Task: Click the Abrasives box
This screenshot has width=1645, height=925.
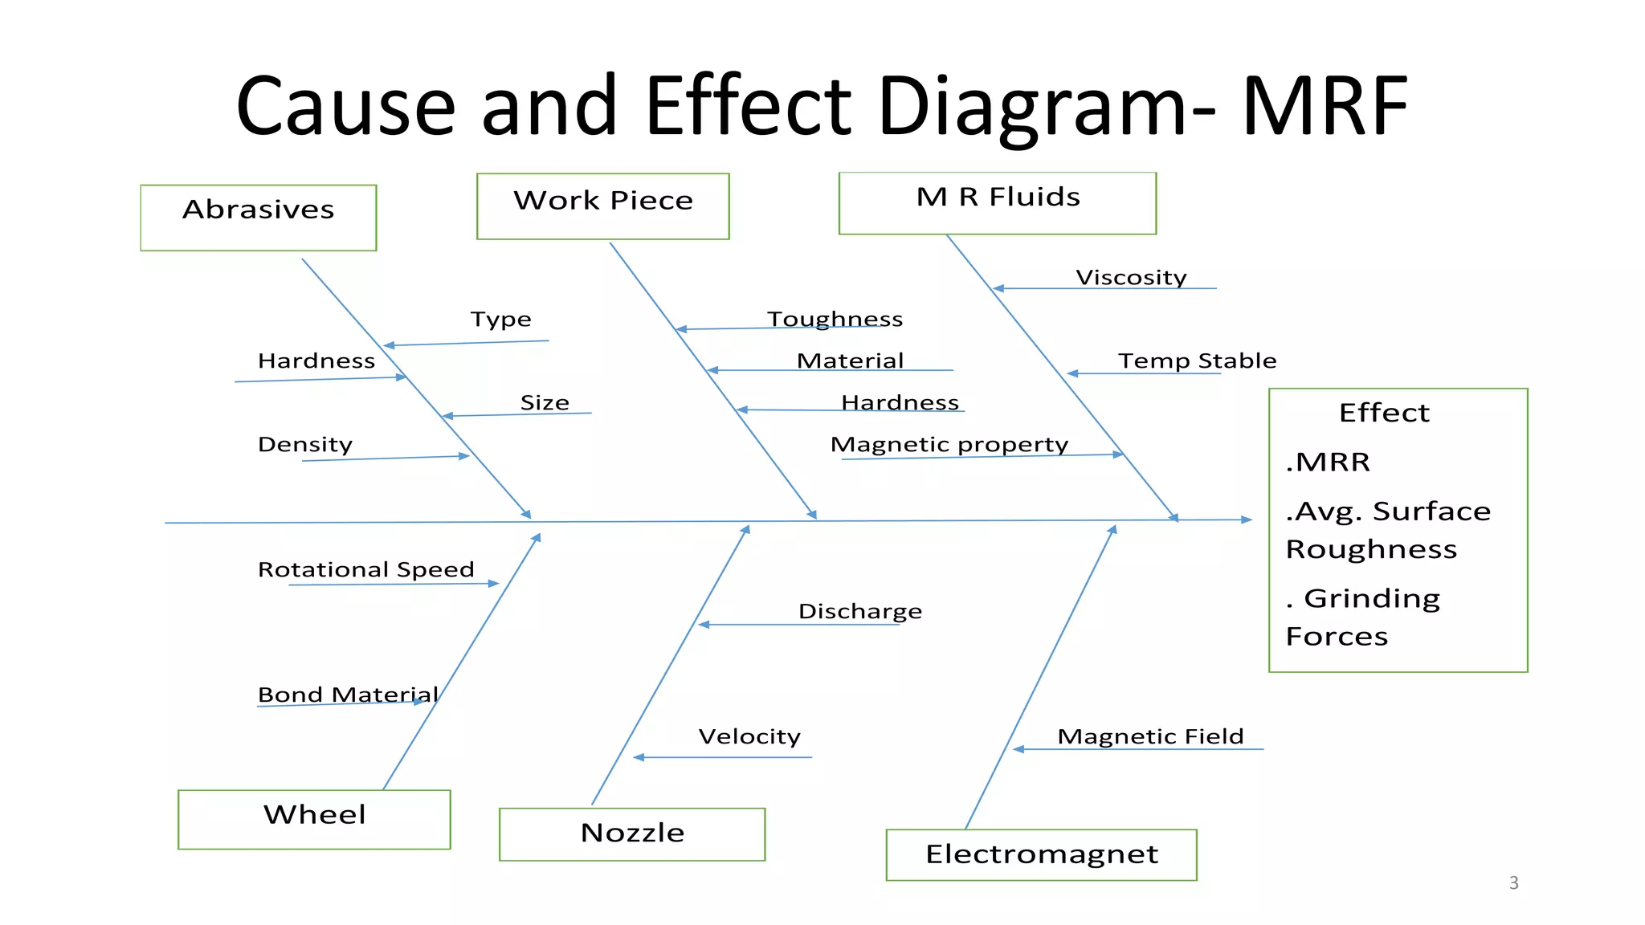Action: tap(258, 218)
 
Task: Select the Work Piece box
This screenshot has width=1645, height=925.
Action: tap(602, 206)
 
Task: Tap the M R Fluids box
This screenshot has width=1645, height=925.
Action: tap(997, 203)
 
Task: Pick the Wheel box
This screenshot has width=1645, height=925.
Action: tap(314, 819)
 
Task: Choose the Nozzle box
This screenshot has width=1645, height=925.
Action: tap(632, 834)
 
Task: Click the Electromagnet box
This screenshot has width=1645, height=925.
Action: tap(1041, 854)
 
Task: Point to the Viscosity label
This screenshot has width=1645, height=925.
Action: tap(1131, 278)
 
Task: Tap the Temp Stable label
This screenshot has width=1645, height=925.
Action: tap(1197, 361)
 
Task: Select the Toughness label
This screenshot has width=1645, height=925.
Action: tap(835, 320)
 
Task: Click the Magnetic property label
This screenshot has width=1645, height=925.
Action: tap(949, 445)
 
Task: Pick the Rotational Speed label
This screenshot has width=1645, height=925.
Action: tap(365, 569)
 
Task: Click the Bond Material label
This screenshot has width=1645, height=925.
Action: tap(348, 695)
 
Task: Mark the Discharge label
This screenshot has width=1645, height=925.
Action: tap(859, 612)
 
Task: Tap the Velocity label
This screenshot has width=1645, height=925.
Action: tap(749, 736)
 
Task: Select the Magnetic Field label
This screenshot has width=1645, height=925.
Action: tap(1150, 736)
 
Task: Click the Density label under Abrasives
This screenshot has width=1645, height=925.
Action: tap(304, 445)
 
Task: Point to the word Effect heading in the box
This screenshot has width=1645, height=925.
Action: tap(1384, 413)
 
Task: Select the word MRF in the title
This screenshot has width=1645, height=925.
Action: tap(1325, 107)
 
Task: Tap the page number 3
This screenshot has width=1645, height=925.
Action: tap(1513, 883)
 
